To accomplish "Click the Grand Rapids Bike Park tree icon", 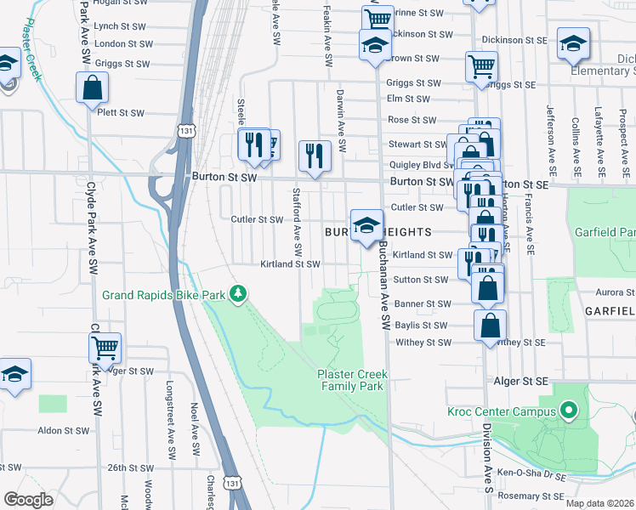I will point(239,295).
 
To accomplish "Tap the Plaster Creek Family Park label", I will point(350,380).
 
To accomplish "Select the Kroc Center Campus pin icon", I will point(570,412).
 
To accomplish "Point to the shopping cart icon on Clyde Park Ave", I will point(105,347).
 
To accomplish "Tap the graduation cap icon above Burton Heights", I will point(366,225).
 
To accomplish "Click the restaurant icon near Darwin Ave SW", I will point(315,156).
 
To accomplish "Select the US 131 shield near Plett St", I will point(184,129).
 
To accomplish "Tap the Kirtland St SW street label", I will point(290,264).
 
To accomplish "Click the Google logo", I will point(28,500).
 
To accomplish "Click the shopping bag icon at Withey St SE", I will point(490,326).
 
